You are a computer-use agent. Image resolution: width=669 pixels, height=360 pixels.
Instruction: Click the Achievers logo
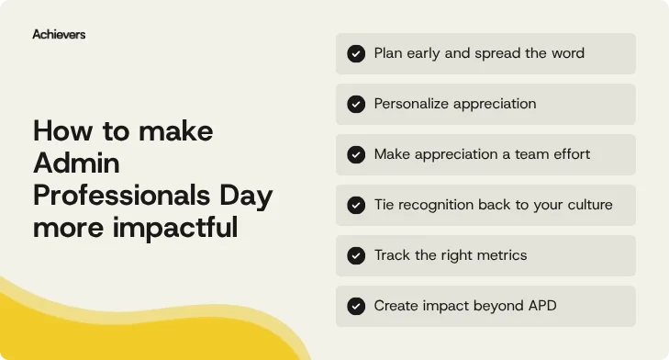59,34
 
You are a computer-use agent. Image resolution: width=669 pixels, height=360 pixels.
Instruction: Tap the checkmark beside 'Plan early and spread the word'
356,54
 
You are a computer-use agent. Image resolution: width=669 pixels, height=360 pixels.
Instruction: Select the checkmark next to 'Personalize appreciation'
356,105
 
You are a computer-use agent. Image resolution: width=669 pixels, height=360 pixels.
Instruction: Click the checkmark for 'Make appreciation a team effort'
356,155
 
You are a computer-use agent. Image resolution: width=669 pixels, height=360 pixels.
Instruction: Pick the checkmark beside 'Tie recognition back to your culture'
356,206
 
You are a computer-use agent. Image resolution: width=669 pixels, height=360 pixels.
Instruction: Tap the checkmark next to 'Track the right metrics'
356,255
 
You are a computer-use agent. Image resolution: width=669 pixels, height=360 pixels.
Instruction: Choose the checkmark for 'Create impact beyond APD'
356,306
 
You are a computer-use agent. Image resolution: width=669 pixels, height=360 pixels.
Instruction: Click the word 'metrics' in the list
501,255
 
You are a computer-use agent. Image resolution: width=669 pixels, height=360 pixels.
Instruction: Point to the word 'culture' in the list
586,205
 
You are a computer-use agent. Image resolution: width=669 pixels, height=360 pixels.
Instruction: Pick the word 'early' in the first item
423,53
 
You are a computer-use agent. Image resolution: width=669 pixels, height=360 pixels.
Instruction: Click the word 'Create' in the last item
396,306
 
